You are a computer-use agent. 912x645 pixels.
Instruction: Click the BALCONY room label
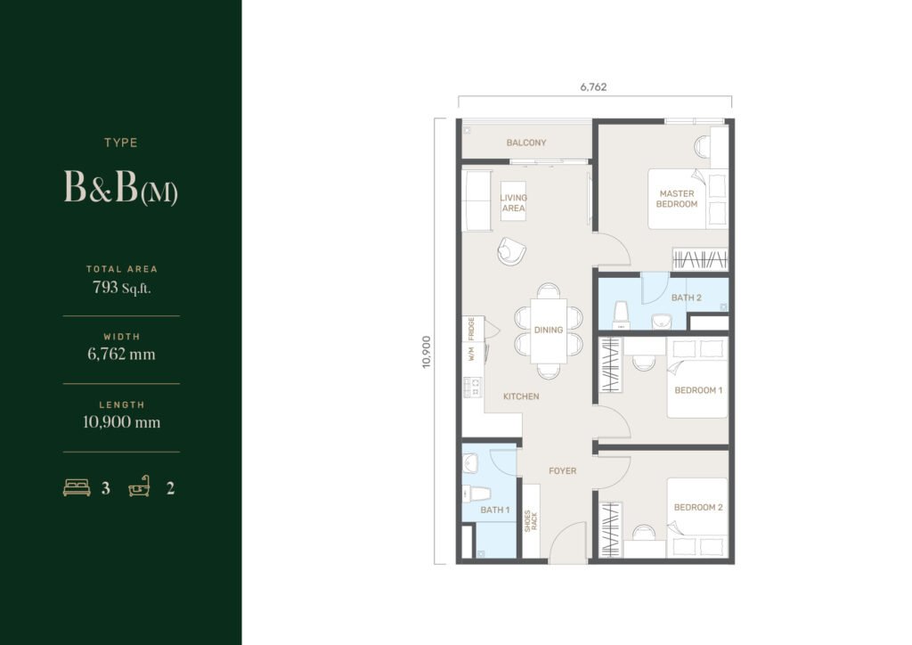[x=525, y=143]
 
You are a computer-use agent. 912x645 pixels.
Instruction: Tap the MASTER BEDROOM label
[x=677, y=199]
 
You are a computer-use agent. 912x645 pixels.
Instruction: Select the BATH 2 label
[x=687, y=298]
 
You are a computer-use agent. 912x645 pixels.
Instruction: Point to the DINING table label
[x=549, y=330]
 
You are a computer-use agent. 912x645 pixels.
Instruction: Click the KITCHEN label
[x=521, y=396]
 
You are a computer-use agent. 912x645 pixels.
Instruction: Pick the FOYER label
[x=563, y=471]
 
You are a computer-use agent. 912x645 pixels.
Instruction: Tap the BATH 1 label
[x=495, y=510]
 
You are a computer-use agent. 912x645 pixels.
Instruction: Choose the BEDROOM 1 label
[x=698, y=390]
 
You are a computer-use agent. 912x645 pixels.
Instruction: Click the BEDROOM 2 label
[x=698, y=507]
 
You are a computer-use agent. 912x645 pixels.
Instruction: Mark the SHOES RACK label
[x=531, y=520]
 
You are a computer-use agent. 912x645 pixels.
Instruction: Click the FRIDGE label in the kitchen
[x=471, y=329]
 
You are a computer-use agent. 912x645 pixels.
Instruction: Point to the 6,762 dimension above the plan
[x=593, y=87]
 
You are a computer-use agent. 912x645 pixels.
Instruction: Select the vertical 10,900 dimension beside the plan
[x=427, y=351]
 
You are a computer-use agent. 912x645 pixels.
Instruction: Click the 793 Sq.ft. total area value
[x=121, y=288]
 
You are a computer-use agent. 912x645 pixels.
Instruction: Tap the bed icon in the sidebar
[x=77, y=487]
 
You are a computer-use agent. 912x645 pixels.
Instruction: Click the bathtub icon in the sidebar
[x=140, y=486]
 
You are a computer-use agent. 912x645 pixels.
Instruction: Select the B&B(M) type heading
[x=120, y=187]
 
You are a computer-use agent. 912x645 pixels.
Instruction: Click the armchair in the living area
[x=512, y=251]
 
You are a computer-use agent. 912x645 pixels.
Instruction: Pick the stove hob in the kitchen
[x=473, y=388]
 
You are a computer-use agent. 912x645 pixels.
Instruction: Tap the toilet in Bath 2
[x=621, y=315]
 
